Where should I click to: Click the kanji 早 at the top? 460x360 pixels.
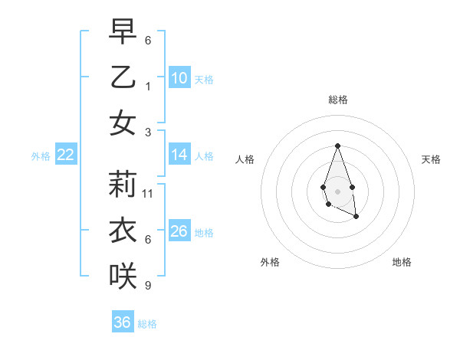tap(123, 32)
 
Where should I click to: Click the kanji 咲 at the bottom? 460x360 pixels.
tap(123, 277)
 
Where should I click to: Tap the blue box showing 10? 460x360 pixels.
tap(179, 78)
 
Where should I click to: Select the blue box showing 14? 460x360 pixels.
tap(179, 155)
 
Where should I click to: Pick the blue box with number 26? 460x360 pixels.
tap(179, 231)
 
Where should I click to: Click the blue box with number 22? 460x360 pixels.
tap(66, 155)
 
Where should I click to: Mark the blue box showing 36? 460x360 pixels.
tap(123, 322)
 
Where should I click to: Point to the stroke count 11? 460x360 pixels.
tap(148, 194)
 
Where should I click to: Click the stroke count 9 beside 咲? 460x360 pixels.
tap(148, 286)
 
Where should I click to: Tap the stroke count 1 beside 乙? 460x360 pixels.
tap(148, 87)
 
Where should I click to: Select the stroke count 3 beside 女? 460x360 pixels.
tap(148, 132)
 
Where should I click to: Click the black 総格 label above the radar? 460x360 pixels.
tap(337, 100)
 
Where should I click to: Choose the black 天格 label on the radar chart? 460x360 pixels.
tap(431, 159)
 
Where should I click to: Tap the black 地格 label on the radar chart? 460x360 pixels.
tap(402, 262)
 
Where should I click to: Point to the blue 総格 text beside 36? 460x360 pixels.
tap(147, 324)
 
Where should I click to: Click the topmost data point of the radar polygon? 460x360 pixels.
tap(337, 146)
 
